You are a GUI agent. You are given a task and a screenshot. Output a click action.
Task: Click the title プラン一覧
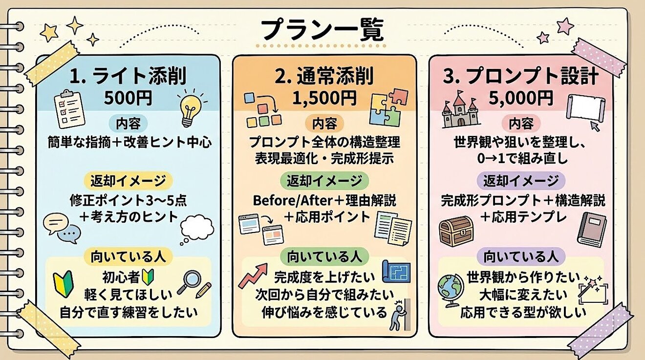coord(322,31)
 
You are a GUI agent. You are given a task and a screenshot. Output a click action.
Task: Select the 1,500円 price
coord(324,97)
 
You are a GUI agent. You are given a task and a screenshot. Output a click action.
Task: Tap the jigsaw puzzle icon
coord(389,107)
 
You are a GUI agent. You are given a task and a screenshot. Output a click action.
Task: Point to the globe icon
coord(451,289)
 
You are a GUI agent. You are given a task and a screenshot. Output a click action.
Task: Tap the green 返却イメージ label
coord(324,180)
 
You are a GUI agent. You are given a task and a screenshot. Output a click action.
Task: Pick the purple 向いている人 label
coord(521,256)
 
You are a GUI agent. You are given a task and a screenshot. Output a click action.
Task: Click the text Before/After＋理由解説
coord(324,200)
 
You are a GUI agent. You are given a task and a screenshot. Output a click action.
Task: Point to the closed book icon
coord(591,230)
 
